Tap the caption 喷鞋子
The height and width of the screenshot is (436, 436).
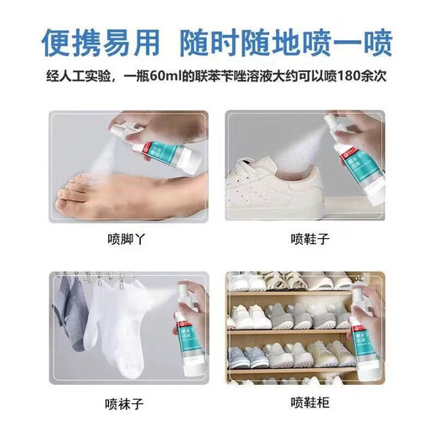pos(310,239)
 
